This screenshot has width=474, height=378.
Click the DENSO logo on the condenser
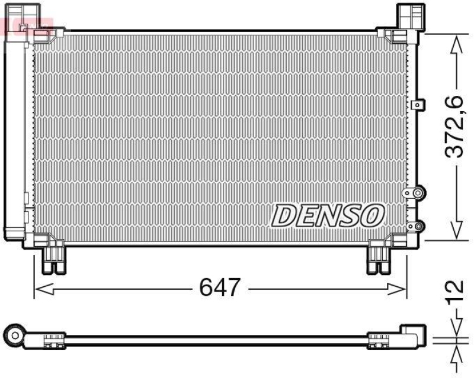point(328,215)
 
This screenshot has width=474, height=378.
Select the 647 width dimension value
point(220,288)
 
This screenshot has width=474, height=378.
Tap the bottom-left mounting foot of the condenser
point(53,259)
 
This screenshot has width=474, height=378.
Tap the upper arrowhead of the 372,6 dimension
point(455,43)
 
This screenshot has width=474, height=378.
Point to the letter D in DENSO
point(283,215)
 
